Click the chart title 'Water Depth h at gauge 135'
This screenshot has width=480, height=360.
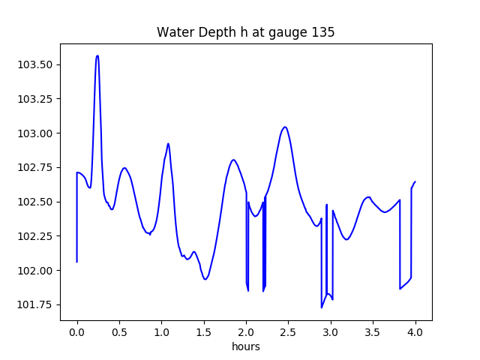point(245,32)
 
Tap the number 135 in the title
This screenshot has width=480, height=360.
point(324,32)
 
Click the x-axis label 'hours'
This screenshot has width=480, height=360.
point(245,347)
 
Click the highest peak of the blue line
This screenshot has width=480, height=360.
point(97,55)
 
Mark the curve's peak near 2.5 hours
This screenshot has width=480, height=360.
point(285,127)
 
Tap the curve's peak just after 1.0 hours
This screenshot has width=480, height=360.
point(168,143)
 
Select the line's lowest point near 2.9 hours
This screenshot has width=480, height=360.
point(322,307)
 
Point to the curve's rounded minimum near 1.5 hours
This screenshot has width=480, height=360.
point(205,279)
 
